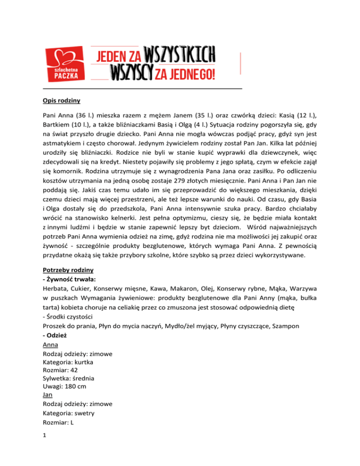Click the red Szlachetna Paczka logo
pos(63,64)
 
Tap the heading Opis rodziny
pos(56,99)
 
